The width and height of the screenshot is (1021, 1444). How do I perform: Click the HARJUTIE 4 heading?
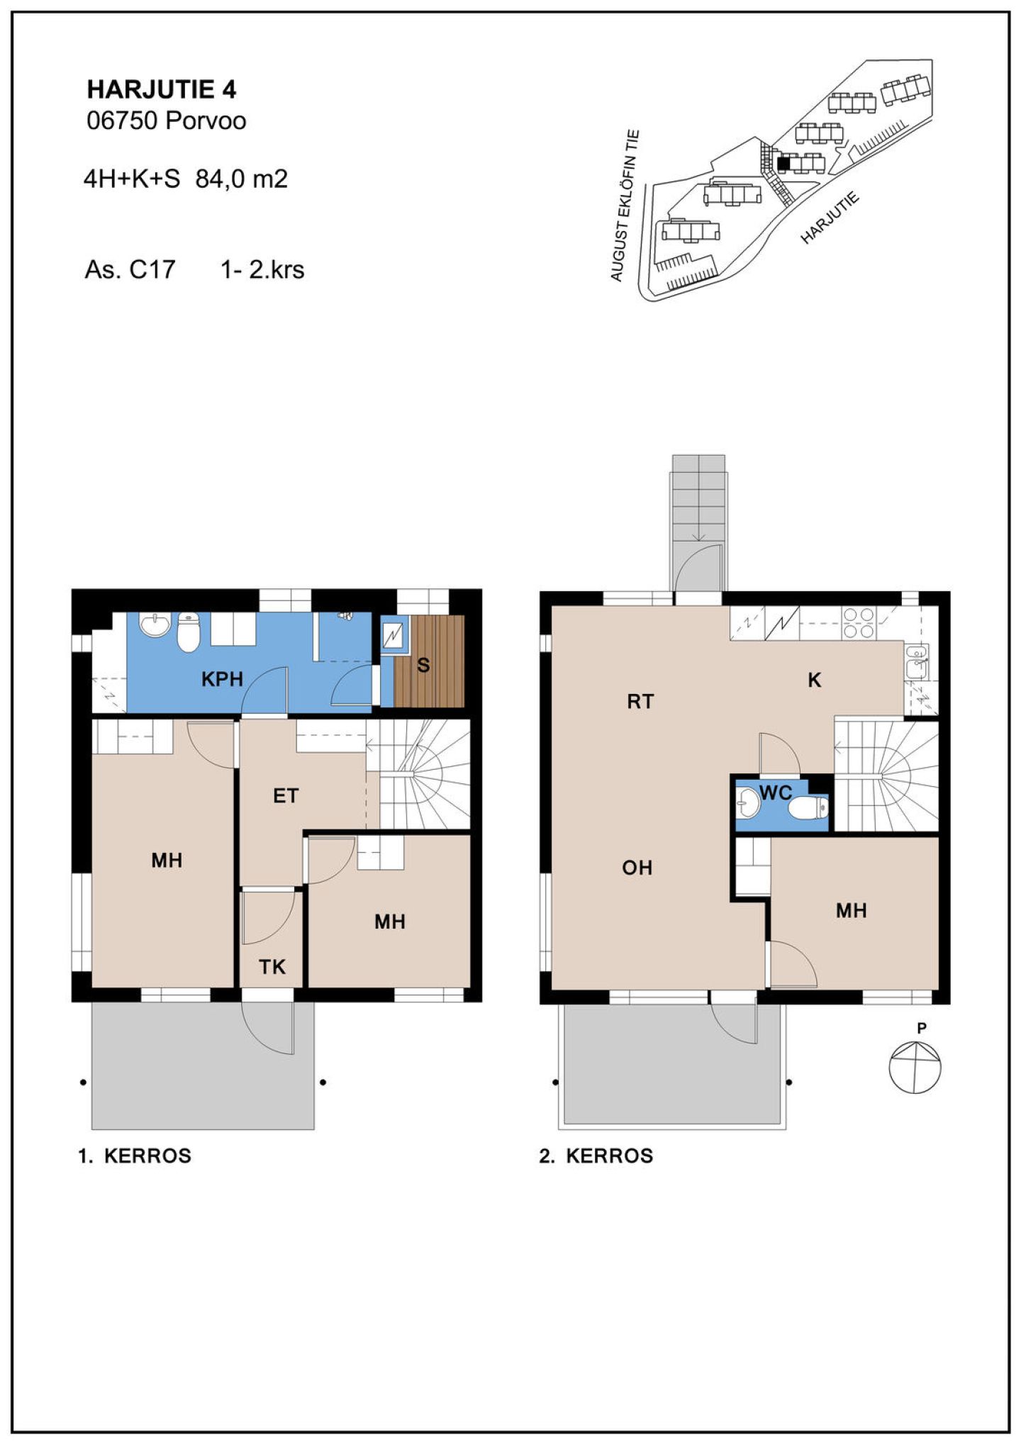tap(162, 89)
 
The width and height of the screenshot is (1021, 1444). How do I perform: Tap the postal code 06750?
tap(121, 121)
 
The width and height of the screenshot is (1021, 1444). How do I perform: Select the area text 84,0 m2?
tap(242, 179)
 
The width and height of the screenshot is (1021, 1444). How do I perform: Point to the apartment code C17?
tap(152, 269)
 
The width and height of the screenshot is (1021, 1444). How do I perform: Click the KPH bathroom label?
tap(222, 679)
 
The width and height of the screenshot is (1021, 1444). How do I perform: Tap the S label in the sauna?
tap(423, 665)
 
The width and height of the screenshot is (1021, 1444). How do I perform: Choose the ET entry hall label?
tap(286, 795)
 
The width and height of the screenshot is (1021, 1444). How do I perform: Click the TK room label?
tap(272, 967)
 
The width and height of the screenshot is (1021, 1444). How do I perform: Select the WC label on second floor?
tap(776, 793)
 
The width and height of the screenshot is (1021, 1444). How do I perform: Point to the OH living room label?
tap(637, 868)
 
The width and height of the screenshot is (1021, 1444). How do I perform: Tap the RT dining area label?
tap(640, 702)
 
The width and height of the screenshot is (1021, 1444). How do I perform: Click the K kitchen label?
tap(815, 681)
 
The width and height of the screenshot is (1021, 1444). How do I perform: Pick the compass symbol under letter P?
tap(915, 1067)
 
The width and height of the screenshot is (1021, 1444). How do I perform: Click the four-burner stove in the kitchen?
tap(858, 623)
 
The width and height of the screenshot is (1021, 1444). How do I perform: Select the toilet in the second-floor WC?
tap(808, 807)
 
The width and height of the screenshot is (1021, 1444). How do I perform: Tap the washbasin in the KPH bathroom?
tap(155, 625)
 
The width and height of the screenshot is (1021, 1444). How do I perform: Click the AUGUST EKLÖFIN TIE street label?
tap(625, 206)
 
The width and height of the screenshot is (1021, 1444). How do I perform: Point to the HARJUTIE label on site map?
tap(830, 218)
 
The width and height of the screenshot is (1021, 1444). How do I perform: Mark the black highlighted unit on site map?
tap(783, 163)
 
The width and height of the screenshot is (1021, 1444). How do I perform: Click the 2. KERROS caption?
tap(596, 1156)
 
